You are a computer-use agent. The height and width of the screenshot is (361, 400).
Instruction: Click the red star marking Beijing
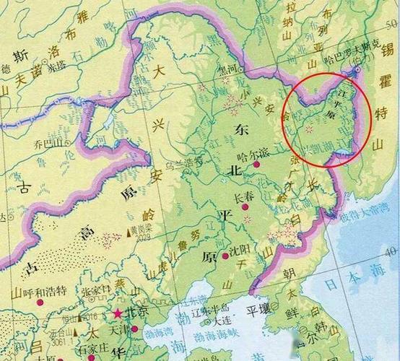point(118,314)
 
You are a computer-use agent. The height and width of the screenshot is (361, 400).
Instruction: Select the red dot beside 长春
point(245,206)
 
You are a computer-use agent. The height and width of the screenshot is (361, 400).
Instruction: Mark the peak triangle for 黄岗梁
point(131,232)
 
